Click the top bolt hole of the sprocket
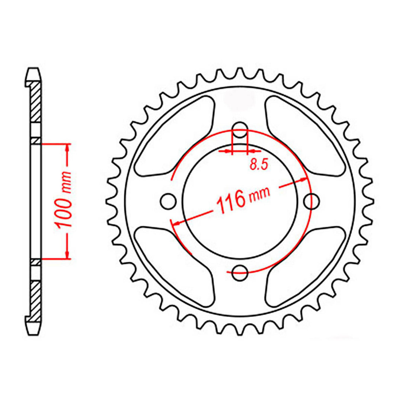240,127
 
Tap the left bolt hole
168,201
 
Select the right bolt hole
312,201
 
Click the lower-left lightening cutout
175,264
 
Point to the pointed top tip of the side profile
33,69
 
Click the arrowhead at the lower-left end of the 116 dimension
176,223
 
